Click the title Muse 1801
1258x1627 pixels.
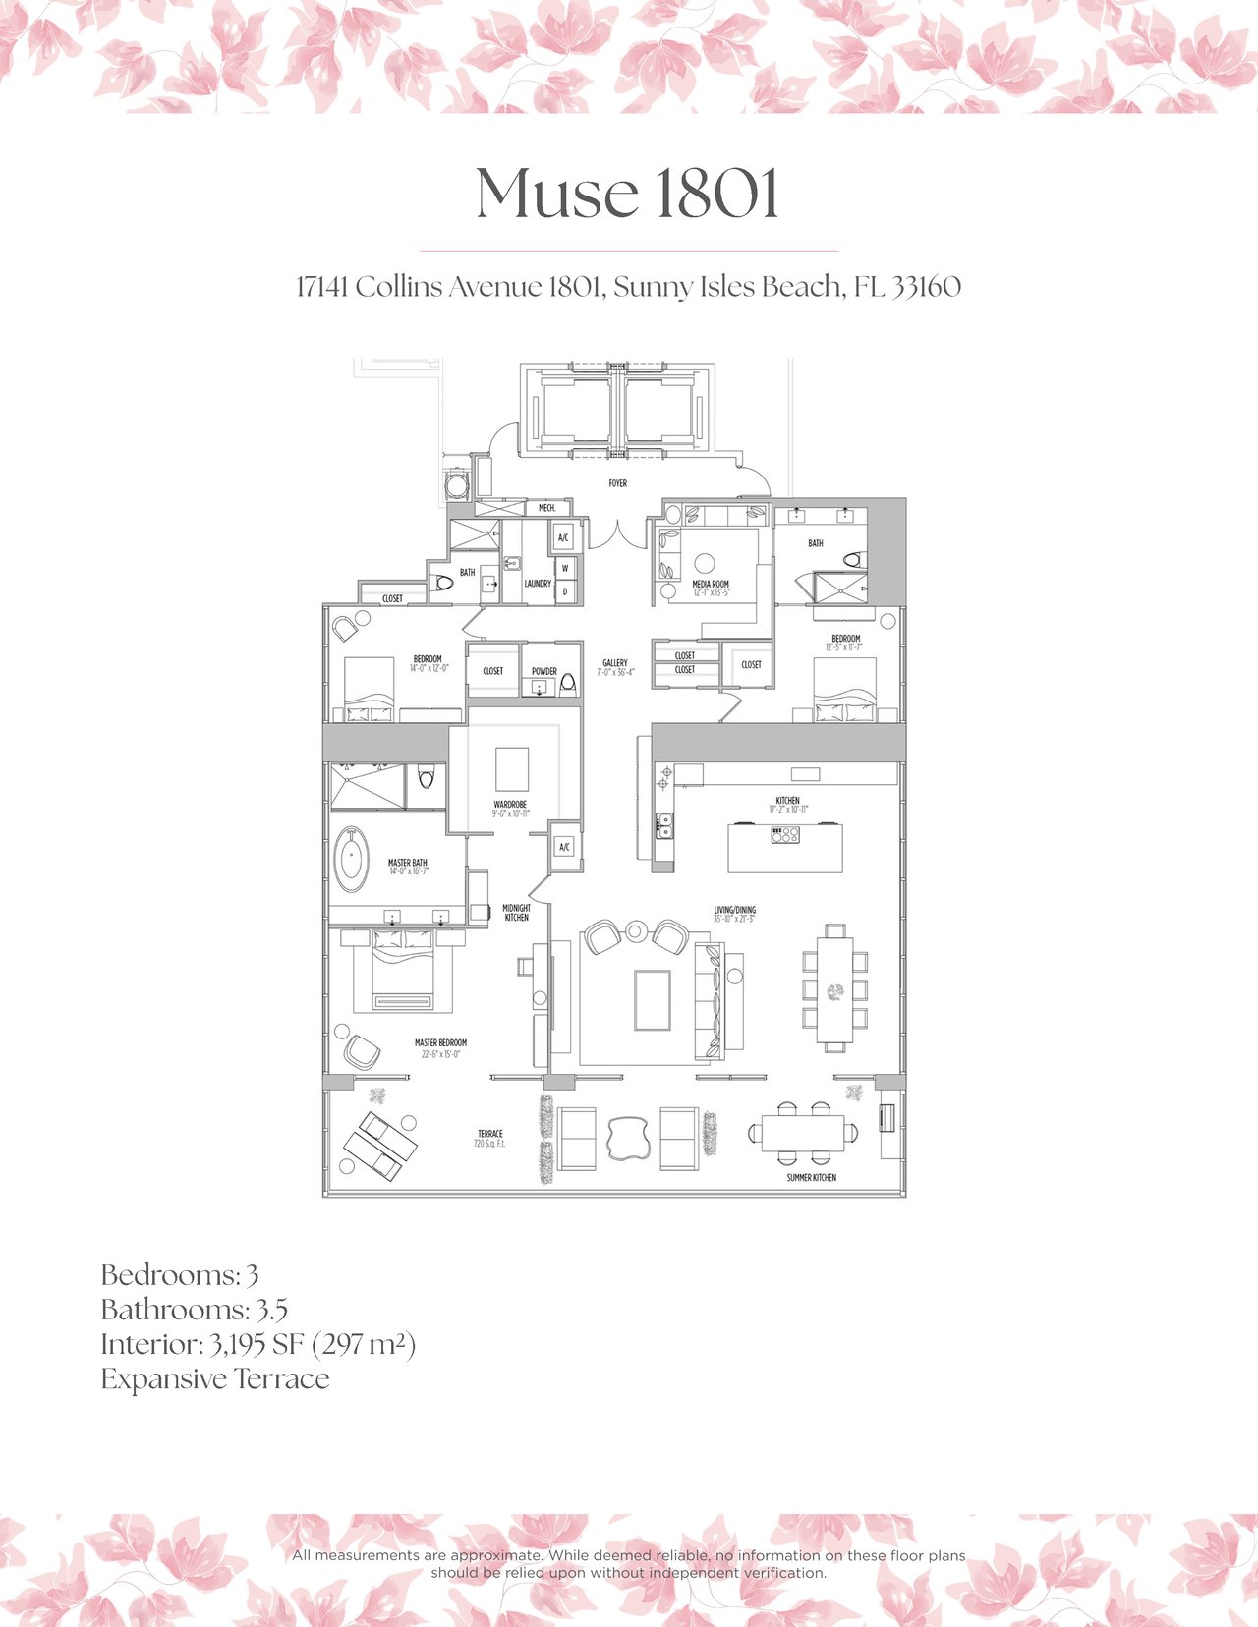(628, 194)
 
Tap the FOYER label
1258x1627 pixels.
(617, 483)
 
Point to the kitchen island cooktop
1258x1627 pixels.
(785, 835)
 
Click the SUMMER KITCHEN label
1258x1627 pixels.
(811, 1177)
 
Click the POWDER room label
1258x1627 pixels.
(544, 672)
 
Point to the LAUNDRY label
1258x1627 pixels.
(538, 584)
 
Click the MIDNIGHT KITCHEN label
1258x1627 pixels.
(516, 913)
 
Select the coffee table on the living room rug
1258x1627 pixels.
(653, 1000)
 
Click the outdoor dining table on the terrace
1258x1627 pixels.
(802, 1132)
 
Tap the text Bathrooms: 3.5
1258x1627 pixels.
(194, 1310)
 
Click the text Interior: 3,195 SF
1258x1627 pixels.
(202, 1344)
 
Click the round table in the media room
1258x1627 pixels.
(704, 563)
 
